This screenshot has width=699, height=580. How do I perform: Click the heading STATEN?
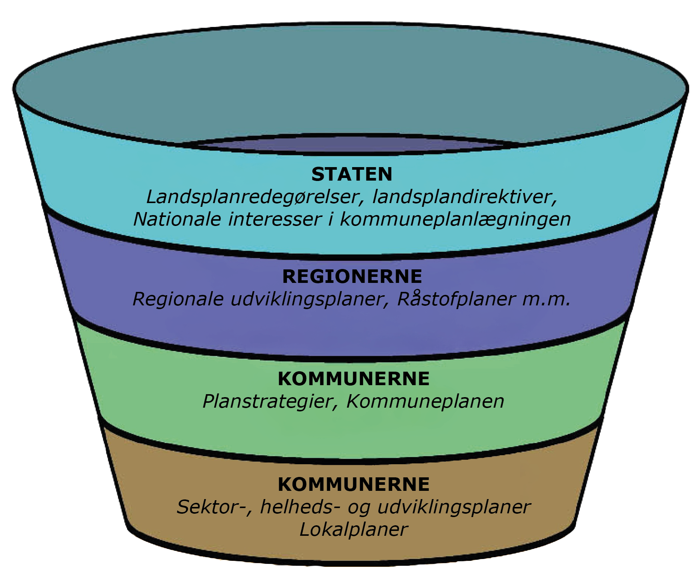coord(352,175)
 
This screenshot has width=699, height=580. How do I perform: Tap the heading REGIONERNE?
coord(352,277)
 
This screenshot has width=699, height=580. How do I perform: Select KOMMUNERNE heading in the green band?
coord(353,379)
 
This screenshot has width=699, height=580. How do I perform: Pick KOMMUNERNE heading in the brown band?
coord(353,484)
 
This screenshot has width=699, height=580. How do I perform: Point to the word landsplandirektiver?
coord(465,197)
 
